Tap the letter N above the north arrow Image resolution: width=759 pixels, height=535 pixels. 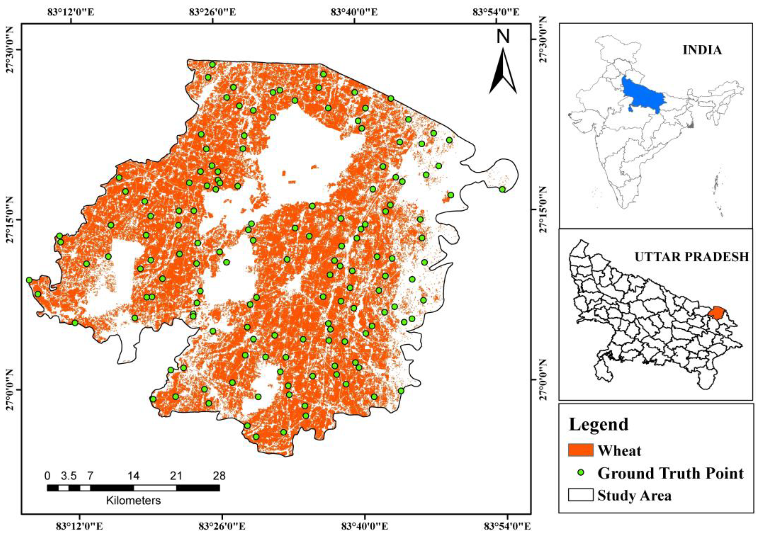pyautogui.click(x=503, y=36)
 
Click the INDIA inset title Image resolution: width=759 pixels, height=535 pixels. pyautogui.click(x=702, y=50)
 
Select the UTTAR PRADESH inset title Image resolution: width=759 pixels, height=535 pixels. pyautogui.click(x=691, y=257)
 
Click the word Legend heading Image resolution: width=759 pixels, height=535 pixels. pyautogui.click(x=598, y=424)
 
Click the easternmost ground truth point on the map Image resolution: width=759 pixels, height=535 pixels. pyautogui.click(x=502, y=189)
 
